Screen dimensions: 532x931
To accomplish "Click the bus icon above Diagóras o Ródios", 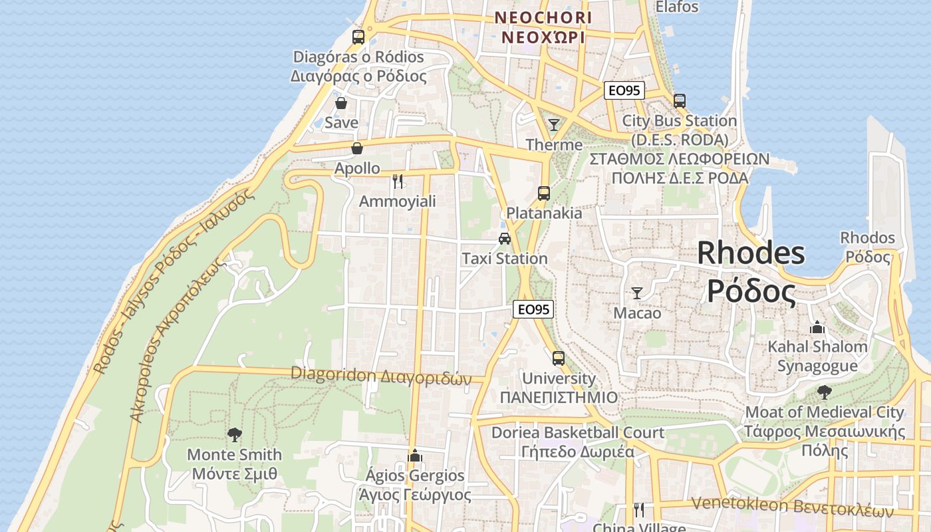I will click(358, 37).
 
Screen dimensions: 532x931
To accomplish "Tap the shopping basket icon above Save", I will click(341, 103).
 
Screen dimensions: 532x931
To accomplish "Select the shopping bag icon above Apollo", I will click(357, 148).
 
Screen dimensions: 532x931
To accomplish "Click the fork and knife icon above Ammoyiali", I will click(398, 181).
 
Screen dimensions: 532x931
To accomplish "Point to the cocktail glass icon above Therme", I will click(553, 124).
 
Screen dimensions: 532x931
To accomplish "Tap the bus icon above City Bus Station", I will click(679, 101).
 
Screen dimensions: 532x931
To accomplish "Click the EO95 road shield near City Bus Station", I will click(624, 90).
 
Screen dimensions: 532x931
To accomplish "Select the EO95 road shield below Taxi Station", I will click(533, 309).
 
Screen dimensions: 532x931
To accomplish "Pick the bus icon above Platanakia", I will click(544, 194).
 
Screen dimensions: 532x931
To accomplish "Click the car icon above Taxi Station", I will click(505, 238).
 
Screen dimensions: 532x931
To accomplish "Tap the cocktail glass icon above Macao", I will click(637, 293).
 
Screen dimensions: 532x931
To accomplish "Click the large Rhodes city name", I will click(751, 272).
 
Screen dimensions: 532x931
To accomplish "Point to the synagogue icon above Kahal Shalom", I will click(817, 327).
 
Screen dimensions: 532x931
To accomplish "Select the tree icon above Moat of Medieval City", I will click(825, 392).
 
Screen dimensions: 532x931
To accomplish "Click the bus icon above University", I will click(559, 358).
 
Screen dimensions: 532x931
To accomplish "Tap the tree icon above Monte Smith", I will click(234, 435).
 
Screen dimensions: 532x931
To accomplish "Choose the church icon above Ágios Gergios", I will click(415, 456).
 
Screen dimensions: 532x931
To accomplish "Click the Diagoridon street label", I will click(381, 376).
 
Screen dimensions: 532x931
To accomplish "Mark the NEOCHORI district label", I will click(543, 27).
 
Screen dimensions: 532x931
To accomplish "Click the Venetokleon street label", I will click(791, 507).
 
